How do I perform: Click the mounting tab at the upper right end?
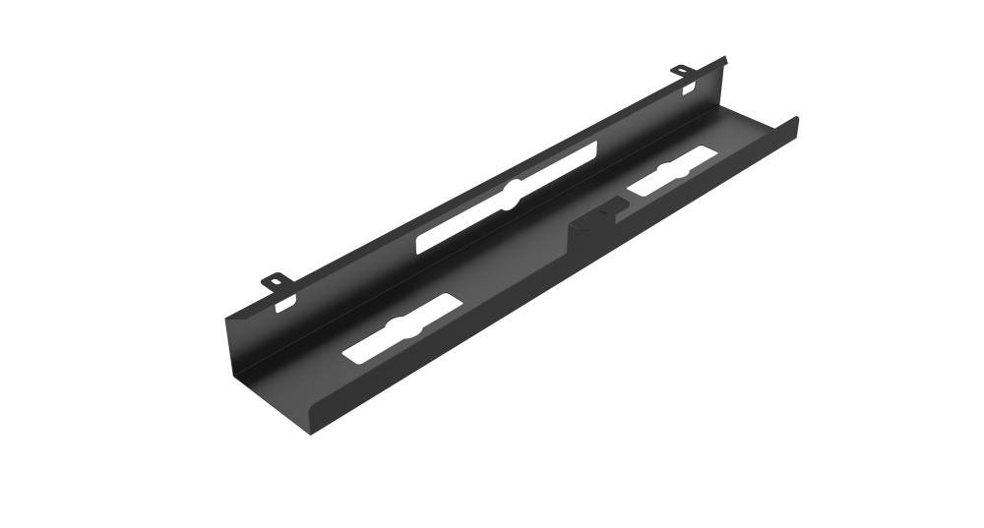(x=681, y=71)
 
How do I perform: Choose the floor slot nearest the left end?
(x=399, y=328)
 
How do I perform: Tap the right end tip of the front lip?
(x=795, y=121)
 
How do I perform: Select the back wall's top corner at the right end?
(x=724, y=59)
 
